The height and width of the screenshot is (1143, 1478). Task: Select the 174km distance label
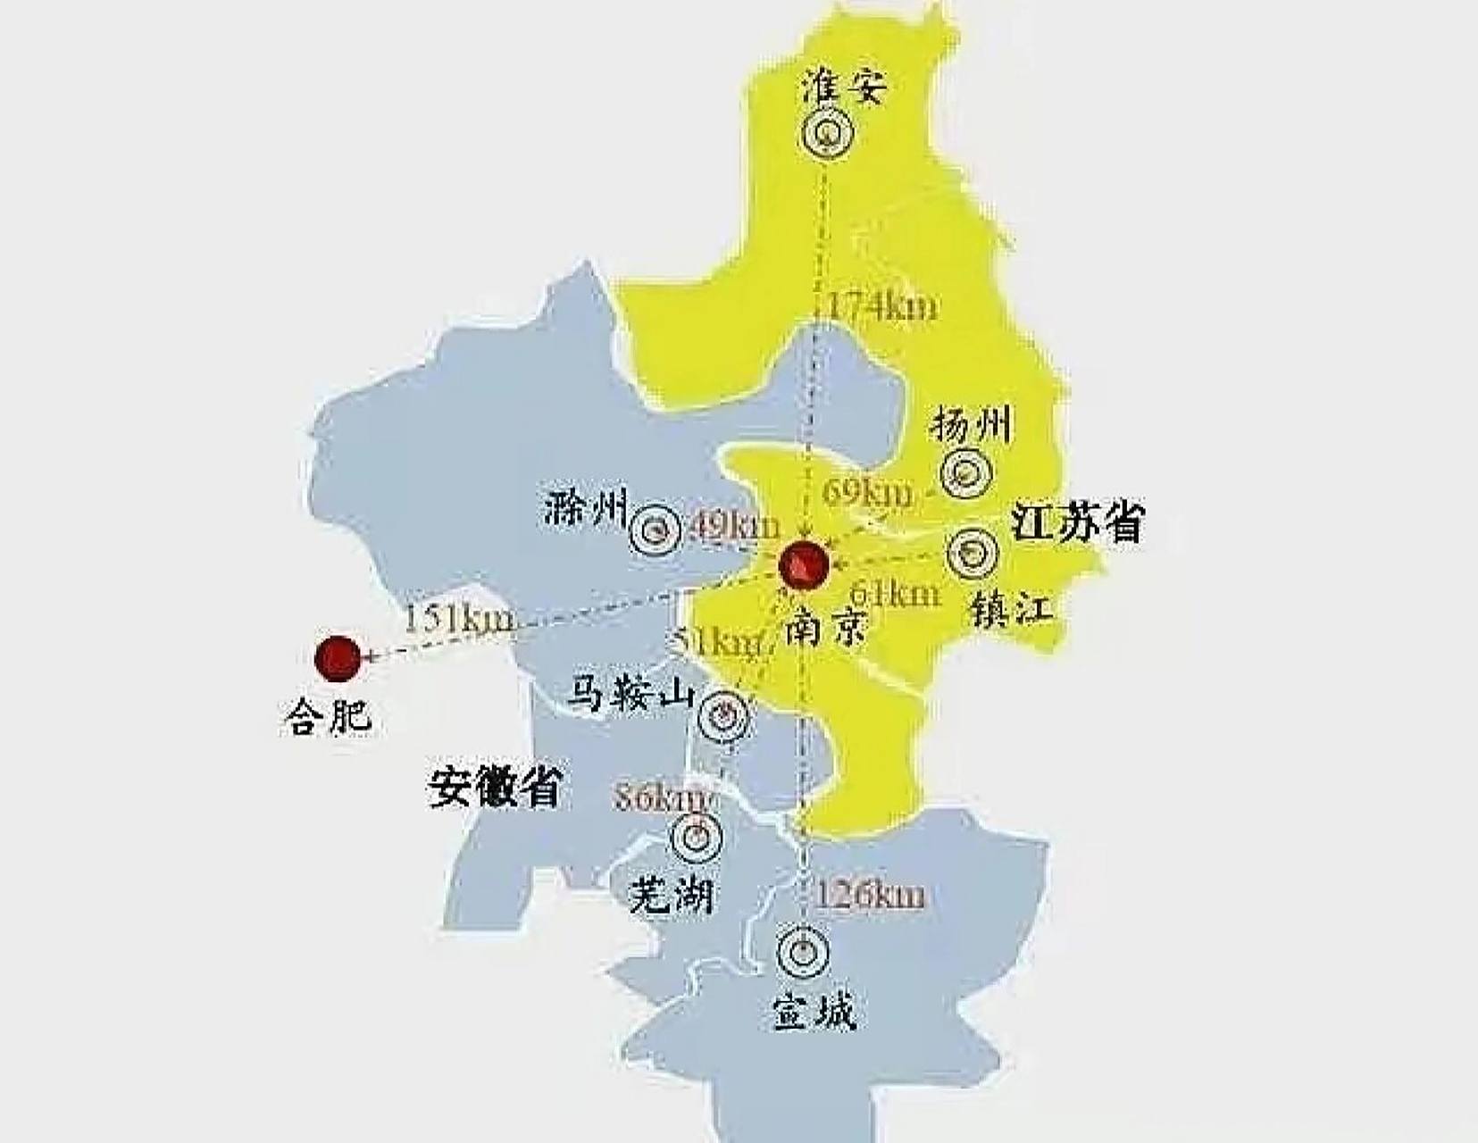[881, 306]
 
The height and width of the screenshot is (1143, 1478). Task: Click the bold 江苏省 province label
[1077, 522]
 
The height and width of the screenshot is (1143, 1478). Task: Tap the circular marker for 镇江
[973, 553]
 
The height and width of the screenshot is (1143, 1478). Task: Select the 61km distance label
[896, 593]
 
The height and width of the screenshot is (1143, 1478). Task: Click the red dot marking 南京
[804, 564]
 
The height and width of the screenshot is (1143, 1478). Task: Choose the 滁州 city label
[586, 509]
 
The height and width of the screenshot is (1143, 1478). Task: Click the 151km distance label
[459, 618]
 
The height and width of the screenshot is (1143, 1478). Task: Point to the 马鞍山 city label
[634, 695]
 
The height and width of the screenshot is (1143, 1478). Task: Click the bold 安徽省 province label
[495, 786]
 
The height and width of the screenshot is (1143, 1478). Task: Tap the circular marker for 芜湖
[697, 837]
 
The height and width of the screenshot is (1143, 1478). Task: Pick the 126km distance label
[870, 895]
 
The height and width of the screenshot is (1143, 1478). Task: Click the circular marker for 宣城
[802, 952]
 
